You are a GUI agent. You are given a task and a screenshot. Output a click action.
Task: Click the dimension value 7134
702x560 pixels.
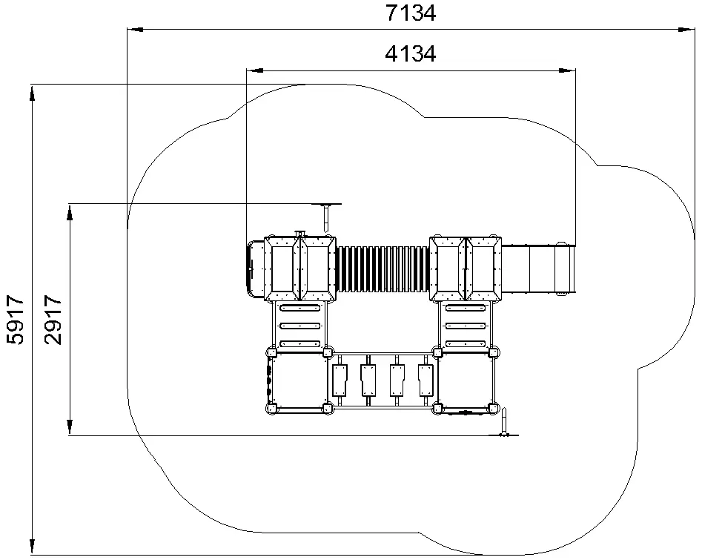click(x=411, y=13)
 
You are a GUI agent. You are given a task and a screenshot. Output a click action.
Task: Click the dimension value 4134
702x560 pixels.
click(x=411, y=53)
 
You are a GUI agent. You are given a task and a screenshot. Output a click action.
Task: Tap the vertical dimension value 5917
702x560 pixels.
click(x=16, y=320)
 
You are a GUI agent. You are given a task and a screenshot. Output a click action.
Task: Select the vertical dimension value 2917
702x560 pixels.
click(x=53, y=320)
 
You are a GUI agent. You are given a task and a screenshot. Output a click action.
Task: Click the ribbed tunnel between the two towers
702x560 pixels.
click(x=383, y=269)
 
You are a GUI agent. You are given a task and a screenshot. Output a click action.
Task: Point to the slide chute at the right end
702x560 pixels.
click(x=538, y=269)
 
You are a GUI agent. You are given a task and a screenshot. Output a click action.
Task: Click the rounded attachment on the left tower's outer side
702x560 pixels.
click(x=256, y=269)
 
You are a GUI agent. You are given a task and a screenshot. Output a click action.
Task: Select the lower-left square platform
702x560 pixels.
click(x=299, y=380)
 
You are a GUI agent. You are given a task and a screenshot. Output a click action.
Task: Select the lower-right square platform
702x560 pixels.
click(x=466, y=380)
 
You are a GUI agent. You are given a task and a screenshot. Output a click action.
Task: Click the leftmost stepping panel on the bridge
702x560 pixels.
click(x=340, y=381)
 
